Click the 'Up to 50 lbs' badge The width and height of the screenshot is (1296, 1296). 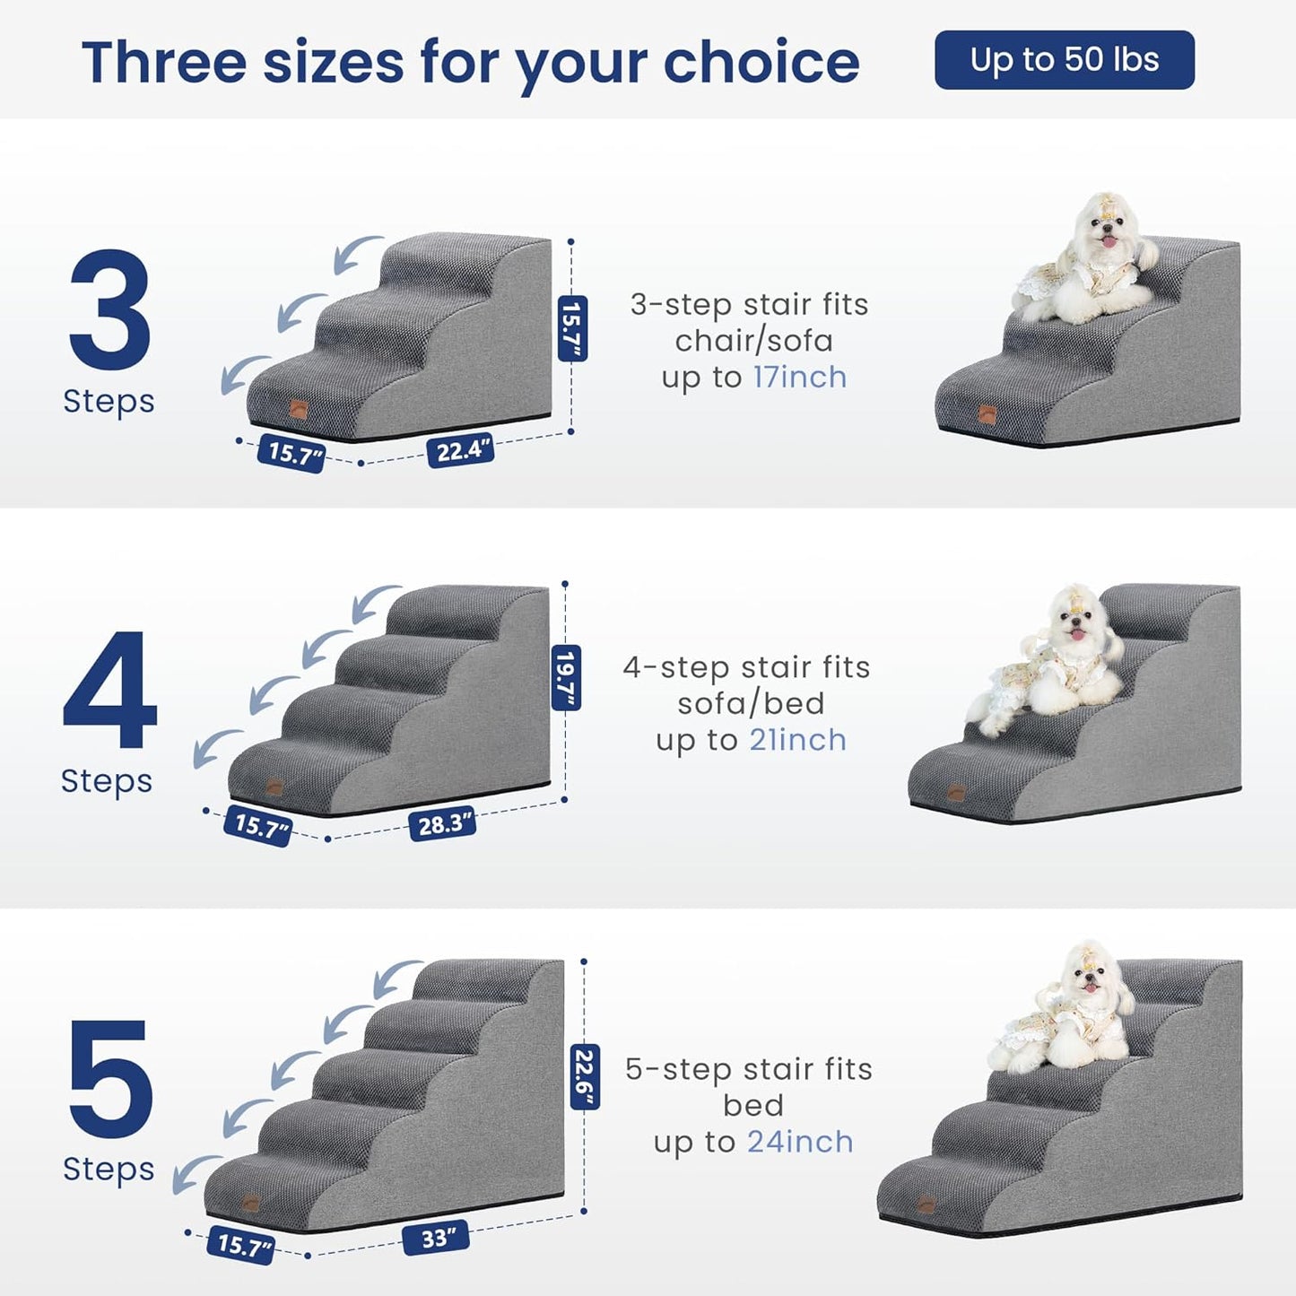1064,60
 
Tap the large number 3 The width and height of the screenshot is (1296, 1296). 109,309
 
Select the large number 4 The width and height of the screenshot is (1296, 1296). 109,690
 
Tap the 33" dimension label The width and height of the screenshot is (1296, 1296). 435,1239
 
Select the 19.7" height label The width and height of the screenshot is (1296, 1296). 565,677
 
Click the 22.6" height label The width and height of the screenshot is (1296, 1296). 585,1077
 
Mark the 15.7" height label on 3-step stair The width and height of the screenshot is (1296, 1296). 572,328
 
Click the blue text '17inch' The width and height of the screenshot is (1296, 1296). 799,378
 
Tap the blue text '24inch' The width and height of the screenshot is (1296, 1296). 800,1143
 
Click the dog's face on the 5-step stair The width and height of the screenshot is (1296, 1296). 1090,977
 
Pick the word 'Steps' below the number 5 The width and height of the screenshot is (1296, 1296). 109,1170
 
